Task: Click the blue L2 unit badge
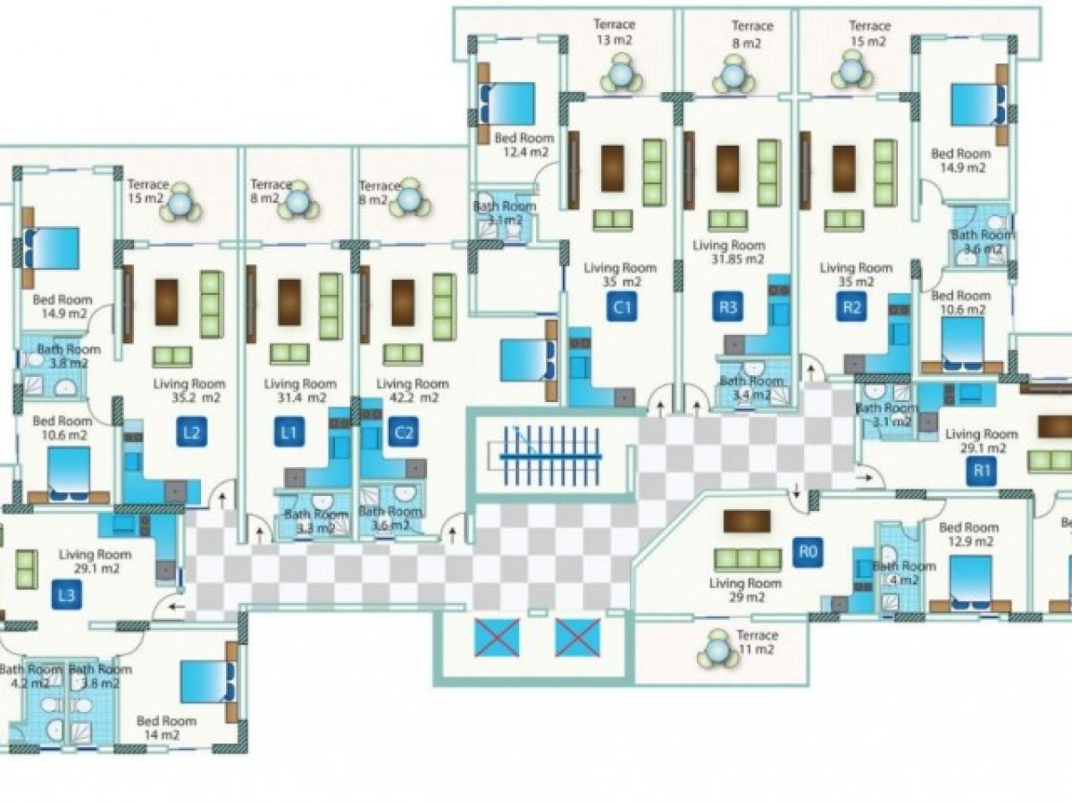click(x=190, y=434)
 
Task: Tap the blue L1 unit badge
click(x=287, y=434)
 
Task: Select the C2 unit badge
click(x=404, y=434)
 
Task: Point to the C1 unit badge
click(x=622, y=309)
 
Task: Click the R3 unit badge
click(x=729, y=309)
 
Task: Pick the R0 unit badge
click(x=808, y=551)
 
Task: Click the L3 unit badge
click(x=65, y=595)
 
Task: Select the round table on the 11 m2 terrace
click(x=716, y=649)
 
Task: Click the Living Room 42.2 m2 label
click(x=412, y=390)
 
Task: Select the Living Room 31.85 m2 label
click(x=730, y=252)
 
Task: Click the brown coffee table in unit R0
click(x=747, y=521)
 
